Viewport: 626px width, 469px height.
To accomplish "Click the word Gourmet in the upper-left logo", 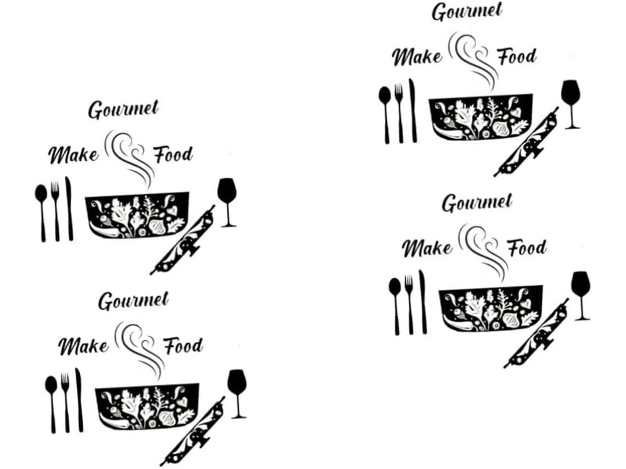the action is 124,110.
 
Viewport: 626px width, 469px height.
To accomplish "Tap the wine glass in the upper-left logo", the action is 227,202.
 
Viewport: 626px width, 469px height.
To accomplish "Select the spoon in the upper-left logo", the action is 41,213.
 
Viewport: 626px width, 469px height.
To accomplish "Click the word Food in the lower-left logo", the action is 183,346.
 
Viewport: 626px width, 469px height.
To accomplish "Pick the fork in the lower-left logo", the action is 65,403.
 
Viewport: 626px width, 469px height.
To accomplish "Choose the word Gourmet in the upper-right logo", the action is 467,12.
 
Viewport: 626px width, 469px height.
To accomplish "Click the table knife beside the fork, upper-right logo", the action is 413,110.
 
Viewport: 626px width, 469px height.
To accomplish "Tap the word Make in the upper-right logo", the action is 417,56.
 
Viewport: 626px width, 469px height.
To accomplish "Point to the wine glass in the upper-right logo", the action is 571,104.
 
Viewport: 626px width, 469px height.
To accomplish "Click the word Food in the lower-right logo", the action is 527,247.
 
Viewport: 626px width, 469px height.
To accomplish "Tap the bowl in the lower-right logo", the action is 491,308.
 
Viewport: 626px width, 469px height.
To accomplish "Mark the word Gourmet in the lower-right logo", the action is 477,202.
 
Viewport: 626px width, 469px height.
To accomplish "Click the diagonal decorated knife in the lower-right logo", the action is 536,332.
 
